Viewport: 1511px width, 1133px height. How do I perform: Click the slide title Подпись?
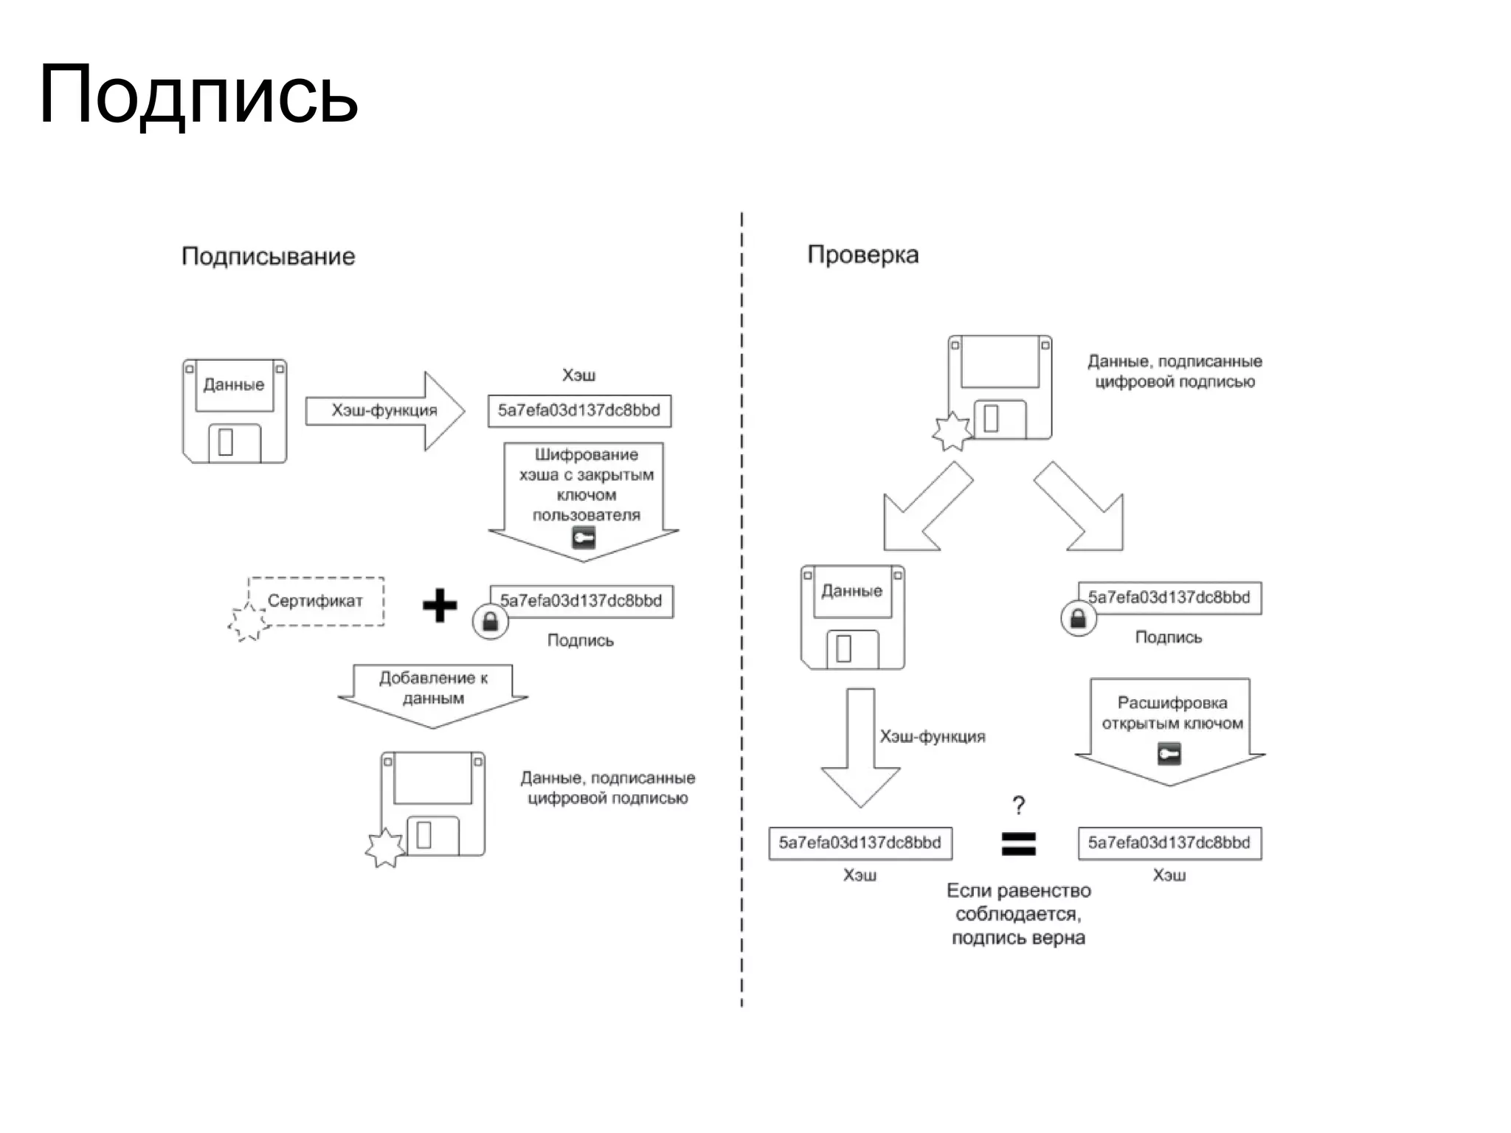[198, 96]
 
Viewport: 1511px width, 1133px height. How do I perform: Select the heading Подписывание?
[268, 257]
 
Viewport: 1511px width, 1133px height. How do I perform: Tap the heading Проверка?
[862, 254]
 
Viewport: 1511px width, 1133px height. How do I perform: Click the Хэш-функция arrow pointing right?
[384, 411]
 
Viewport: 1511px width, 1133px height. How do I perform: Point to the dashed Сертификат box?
[316, 601]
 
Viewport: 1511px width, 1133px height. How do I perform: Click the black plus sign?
[440, 606]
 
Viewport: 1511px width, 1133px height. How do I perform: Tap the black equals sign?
[1018, 843]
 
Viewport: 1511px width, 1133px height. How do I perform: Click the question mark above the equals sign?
[1019, 805]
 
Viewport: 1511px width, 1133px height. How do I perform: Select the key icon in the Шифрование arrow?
[584, 538]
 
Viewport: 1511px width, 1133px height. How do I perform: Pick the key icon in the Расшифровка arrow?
[1169, 754]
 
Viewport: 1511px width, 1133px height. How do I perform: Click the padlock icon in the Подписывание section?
[491, 622]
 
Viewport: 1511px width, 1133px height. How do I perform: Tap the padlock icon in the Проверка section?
[1078, 618]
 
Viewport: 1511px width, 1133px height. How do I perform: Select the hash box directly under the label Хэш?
[579, 411]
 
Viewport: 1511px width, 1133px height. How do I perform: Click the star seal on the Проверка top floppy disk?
[952, 432]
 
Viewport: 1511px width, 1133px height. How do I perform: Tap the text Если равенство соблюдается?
[1018, 902]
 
